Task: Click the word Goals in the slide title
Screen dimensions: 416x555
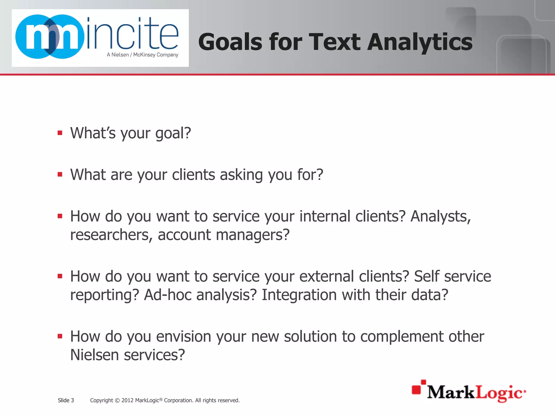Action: [230, 42]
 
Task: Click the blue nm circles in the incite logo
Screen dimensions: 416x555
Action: [50, 37]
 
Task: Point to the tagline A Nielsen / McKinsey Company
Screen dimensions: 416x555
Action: [143, 55]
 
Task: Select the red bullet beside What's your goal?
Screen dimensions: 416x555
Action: [60, 133]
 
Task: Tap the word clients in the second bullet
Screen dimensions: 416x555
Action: [193, 175]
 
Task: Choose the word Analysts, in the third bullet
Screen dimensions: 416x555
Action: [441, 216]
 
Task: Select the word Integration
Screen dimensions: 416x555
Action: [299, 295]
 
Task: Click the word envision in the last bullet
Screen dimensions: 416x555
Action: [183, 337]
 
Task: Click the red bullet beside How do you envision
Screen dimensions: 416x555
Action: [60, 336]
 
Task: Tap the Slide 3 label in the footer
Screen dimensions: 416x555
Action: [66, 400]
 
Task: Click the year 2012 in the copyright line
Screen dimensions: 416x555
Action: [127, 400]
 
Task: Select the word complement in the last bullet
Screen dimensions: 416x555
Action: [402, 337]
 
